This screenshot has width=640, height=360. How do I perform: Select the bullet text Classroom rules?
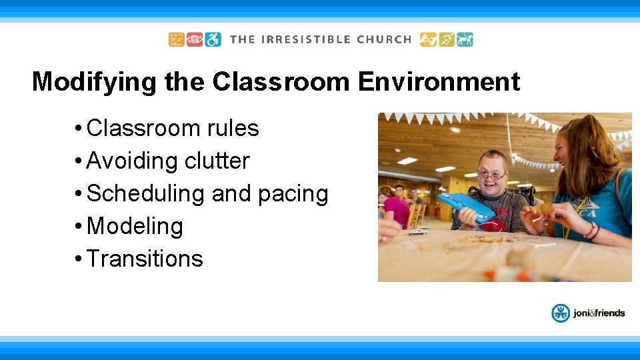pyautogui.click(x=173, y=128)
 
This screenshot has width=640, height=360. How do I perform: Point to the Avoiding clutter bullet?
pyautogui.click(x=168, y=161)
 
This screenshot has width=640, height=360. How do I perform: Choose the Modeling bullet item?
pyautogui.click(x=135, y=226)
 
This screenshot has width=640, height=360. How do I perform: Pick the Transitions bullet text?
pyautogui.click(x=145, y=259)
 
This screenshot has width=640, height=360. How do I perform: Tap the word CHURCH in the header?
pyautogui.click(x=384, y=39)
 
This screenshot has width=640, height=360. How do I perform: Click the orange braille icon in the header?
pyautogui.click(x=176, y=39)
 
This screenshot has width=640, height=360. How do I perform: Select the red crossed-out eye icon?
pyautogui.click(x=195, y=39)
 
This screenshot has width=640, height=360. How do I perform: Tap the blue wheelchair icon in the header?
pyautogui.click(x=213, y=39)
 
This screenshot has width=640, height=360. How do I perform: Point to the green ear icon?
pyautogui.click(x=447, y=39)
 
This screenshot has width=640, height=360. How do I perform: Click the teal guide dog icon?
pyautogui.click(x=465, y=39)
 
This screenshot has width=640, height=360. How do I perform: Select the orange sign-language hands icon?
pyautogui.click(x=428, y=39)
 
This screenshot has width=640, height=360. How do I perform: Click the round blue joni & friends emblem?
pyautogui.click(x=561, y=313)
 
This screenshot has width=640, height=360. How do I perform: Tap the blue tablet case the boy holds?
pyautogui.click(x=466, y=207)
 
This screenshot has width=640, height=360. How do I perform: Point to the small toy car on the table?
pyautogui.click(x=418, y=231)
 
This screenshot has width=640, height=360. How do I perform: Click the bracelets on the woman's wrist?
pyautogui.click(x=591, y=231)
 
